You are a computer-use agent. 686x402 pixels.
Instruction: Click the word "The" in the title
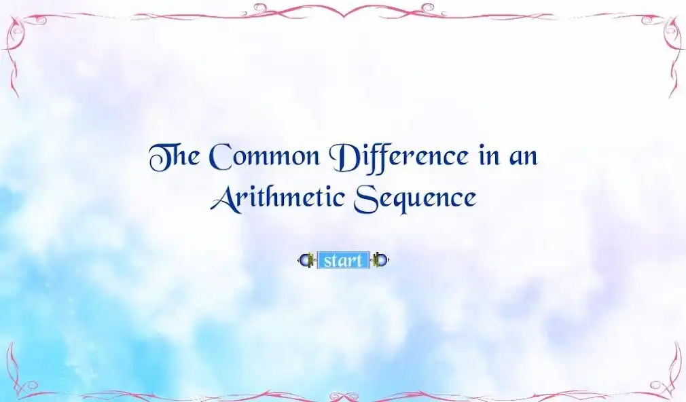click(x=174, y=157)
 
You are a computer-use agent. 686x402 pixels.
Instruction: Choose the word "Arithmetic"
click(x=277, y=198)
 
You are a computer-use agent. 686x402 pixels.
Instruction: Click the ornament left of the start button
click(x=307, y=260)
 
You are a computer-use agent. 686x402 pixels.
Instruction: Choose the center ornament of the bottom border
click(x=343, y=395)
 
